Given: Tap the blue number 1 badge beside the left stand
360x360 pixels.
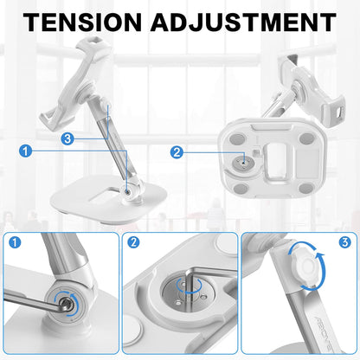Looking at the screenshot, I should tap(26, 151).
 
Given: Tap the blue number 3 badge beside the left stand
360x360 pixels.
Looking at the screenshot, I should tap(68, 138).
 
